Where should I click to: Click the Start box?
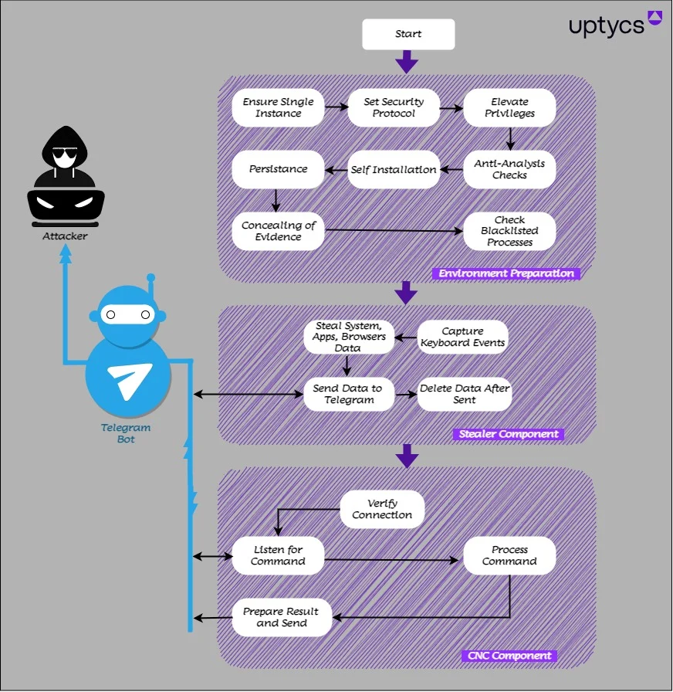408,35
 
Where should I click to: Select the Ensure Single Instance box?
279,107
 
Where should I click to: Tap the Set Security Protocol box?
394,107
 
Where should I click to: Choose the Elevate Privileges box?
509,107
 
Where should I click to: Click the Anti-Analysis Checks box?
509,169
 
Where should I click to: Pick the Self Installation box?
394,169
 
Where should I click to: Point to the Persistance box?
279,169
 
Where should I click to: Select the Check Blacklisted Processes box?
509,231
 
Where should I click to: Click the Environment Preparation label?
506,273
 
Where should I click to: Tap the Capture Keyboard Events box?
463,338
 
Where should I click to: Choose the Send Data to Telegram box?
348,394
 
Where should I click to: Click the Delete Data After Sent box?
465,394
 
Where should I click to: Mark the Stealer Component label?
508,434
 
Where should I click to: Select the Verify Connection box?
382,509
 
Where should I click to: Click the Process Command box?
509,555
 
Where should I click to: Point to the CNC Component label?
509,656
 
